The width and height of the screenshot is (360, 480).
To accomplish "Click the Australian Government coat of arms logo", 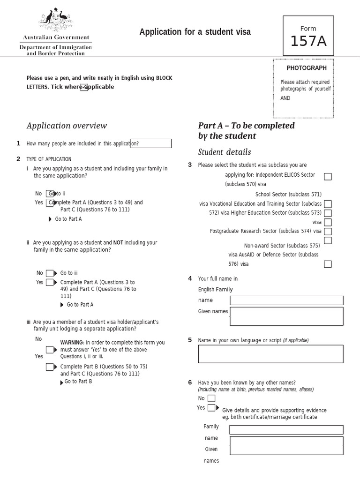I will click(56, 21).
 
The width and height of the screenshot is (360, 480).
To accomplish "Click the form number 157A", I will click(308, 42).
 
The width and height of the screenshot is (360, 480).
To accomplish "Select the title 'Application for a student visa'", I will click(195, 32).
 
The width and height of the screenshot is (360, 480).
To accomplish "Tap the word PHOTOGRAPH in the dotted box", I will click(307, 68).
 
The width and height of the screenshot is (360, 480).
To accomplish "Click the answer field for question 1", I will click(151, 143).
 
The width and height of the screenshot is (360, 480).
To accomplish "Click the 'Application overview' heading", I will click(67, 126).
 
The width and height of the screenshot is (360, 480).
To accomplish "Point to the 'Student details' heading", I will click(225, 152).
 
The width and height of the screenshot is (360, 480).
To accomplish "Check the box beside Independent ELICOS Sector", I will click(328, 177).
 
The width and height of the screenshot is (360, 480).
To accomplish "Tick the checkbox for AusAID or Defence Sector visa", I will click(328, 264).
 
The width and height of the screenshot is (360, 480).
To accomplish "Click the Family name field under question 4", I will click(286, 300).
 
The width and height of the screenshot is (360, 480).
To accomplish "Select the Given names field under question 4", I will click(286, 316).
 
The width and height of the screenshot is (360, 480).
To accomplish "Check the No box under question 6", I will click(211, 398).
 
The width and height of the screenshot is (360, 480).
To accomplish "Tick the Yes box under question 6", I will click(211, 408).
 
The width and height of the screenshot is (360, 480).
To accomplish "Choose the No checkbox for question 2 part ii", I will click(50, 273).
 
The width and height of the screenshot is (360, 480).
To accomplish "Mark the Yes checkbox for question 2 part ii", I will click(50, 282).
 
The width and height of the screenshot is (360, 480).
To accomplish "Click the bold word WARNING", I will click(72, 343).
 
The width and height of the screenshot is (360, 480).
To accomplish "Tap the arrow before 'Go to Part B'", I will click(62, 382).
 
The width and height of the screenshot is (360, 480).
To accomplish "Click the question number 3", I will click(190, 165).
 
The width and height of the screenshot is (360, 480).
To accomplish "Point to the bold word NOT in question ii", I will click(118, 243).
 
